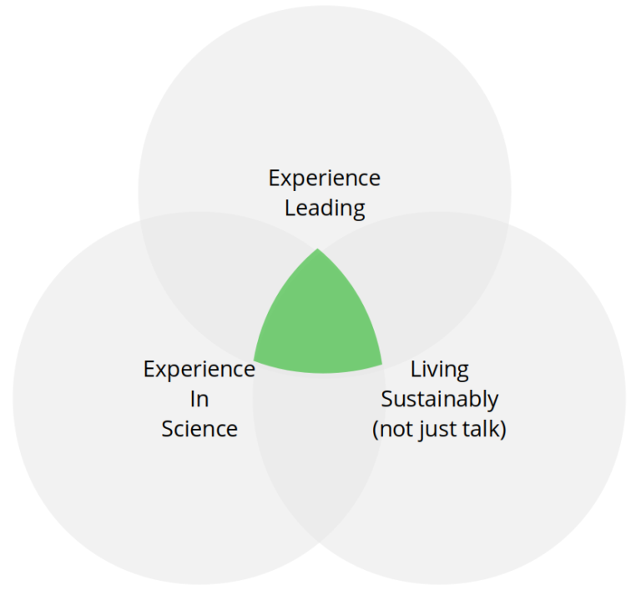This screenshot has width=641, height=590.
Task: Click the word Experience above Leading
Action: pos(324,179)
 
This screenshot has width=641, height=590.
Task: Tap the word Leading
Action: pos(325,209)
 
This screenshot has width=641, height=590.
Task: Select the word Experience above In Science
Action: pos(199,370)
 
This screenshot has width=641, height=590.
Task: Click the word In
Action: pos(199,399)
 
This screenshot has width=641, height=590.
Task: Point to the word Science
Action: pos(199,429)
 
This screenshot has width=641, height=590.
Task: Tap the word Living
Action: pos(440,370)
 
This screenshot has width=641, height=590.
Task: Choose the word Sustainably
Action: pos(440,400)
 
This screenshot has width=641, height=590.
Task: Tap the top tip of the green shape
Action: pos(318,249)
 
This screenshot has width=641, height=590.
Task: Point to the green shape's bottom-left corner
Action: pos(254,361)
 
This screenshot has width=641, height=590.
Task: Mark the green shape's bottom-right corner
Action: pos(382,364)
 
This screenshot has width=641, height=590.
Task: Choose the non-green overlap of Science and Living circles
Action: pos(319,441)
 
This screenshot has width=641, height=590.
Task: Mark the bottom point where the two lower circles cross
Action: pos(319,542)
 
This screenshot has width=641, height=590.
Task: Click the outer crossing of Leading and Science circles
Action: pos(140,221)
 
